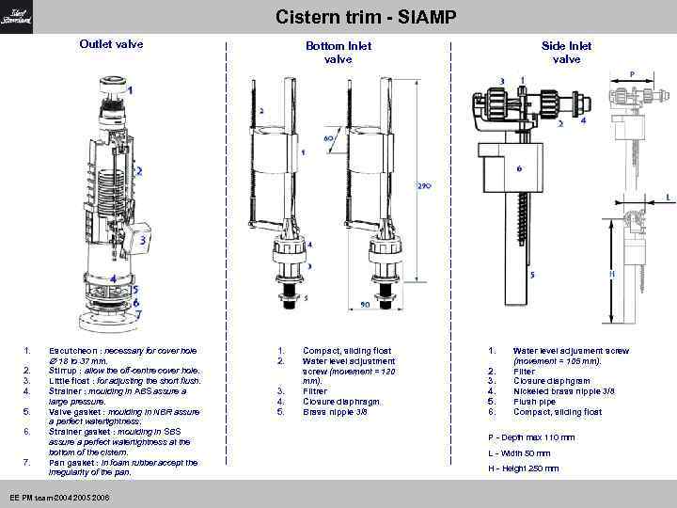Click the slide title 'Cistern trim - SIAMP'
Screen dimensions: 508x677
(366, 17)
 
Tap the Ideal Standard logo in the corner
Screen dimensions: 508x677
(16, 16)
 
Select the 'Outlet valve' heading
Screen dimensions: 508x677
(111, 44)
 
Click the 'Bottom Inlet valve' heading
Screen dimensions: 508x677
(338, 52)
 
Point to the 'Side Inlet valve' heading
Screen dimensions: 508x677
(566, 52)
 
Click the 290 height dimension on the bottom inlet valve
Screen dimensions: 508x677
(424, 186)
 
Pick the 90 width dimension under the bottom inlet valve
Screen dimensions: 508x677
(365, 306)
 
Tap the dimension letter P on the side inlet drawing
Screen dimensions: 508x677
(631, 74)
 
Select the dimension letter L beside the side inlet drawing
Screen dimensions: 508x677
(668, 197)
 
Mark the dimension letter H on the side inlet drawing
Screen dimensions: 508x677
(612, 274)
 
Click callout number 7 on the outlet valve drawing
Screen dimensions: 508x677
(137, 316)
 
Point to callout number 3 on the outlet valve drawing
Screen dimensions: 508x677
(142, 241)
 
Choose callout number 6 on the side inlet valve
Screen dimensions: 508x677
(518, 169)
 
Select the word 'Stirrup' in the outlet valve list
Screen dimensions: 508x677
(63, 371)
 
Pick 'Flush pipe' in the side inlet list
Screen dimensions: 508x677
(535, 401)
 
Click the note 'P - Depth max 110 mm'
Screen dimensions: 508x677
(531, 437)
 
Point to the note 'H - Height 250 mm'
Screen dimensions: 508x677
(523, 468)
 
